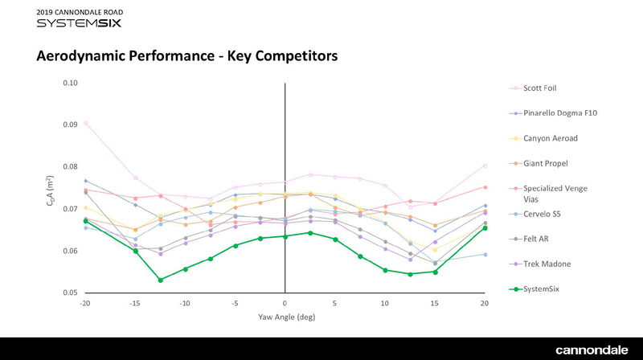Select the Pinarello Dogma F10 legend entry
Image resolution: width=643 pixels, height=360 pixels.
pos(562,113)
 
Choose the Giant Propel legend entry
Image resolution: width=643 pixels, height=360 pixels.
pos(547,163)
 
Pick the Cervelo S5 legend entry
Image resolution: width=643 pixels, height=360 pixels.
pos(544,214)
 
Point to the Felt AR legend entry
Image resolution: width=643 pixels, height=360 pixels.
pos(539,239)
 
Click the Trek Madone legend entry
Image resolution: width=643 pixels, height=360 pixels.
pos(547,264)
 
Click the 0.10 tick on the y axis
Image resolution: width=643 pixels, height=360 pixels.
pos(70,83)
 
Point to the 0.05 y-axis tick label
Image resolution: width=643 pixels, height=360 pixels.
pos(70,292)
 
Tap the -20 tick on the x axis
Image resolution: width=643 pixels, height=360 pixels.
pos(84,304)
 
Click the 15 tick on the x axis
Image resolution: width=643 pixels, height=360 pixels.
pos(435,304)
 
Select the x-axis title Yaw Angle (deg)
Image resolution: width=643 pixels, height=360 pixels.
pos(285,317)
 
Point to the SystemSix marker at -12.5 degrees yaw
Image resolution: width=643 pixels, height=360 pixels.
pos(161,280)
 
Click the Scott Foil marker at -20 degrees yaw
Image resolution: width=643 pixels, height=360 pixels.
pos(85,123)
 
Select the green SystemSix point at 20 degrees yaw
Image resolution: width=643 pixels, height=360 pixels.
pos(485,228)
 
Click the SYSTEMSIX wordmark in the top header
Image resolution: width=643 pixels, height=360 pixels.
pos(76,23)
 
